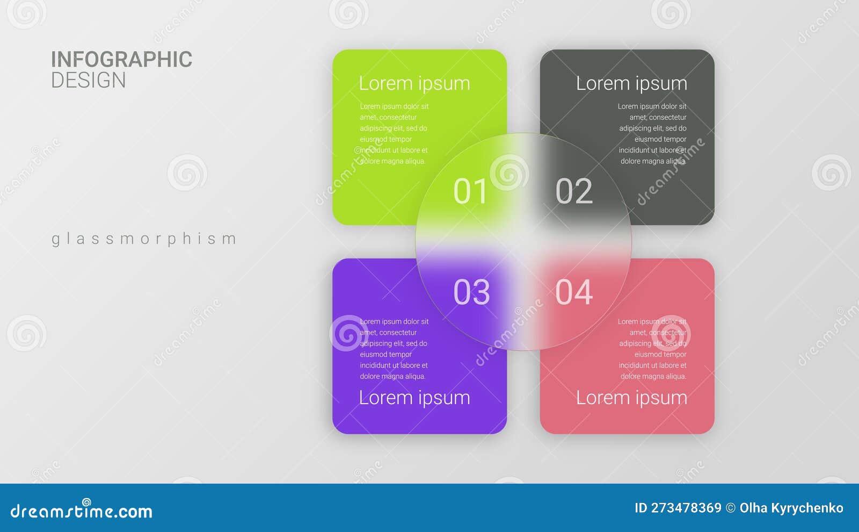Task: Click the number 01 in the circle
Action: (470, 191)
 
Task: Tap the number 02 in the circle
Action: (574, 191)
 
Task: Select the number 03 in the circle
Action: (471, 292)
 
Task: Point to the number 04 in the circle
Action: (574, 292)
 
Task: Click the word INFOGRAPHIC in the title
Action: (122, 60)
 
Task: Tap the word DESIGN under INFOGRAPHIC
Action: (89, 80)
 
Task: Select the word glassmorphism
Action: (144, 239)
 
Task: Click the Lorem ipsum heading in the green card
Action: (414, 84)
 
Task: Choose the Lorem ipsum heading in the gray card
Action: (631, 84)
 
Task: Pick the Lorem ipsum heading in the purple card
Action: (414, 398)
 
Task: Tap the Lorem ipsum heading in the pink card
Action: (631, 398)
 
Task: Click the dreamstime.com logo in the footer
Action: (81, 510)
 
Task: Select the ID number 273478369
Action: (686, 508)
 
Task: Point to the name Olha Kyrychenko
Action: (791, 508)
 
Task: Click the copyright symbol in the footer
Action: (731, 508)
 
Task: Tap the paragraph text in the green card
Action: (394, 134)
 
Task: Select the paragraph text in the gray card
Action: (652, 134)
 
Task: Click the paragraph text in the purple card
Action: (394, 349)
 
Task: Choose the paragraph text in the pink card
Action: (652, 349)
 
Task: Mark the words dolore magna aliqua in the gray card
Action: (653, 161)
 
